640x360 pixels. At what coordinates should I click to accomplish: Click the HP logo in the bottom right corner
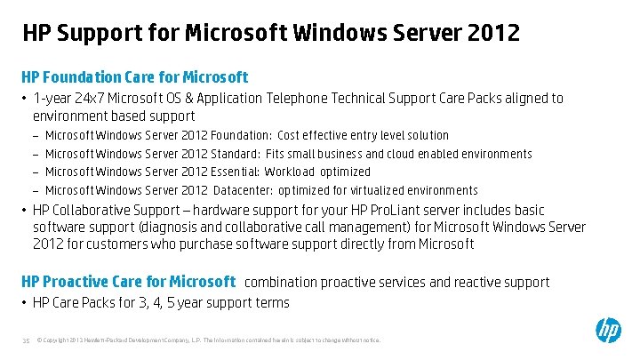coord(609,331)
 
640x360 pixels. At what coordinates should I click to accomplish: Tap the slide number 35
coord(26,340)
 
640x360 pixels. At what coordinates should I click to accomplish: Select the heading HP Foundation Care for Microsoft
coord(134,77)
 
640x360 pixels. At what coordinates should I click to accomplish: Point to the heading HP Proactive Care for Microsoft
coord(128,282)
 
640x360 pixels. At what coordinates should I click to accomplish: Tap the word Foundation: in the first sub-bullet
coord(241,135)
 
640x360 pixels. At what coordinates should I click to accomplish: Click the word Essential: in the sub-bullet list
coord(236,172)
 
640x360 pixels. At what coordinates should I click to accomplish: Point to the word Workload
coord(290,172)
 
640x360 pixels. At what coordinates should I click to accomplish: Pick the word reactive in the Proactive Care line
coord(458,283)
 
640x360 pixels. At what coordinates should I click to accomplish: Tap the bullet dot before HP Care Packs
coord(25,303)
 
